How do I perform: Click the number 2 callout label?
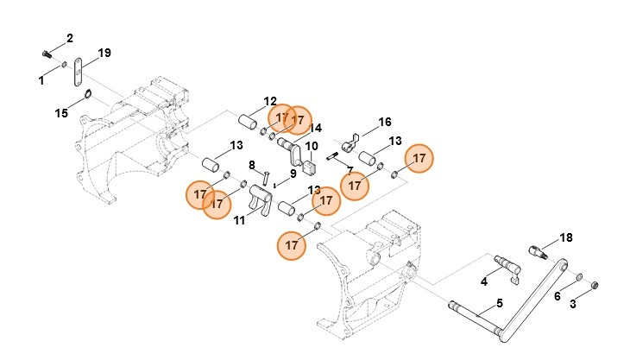(69, 38)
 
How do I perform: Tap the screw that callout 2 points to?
(46, 53)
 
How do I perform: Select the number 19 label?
(104, 54)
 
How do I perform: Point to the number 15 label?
(61, 113)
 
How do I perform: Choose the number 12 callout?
(270, 101)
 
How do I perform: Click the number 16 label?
(385, 122)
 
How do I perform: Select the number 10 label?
(312, 146)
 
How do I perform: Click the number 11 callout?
(239, 220)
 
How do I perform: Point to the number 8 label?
(252, 165)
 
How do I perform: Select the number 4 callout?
(484, 281)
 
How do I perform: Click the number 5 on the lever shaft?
(498, 305)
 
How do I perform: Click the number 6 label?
(557, 296)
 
